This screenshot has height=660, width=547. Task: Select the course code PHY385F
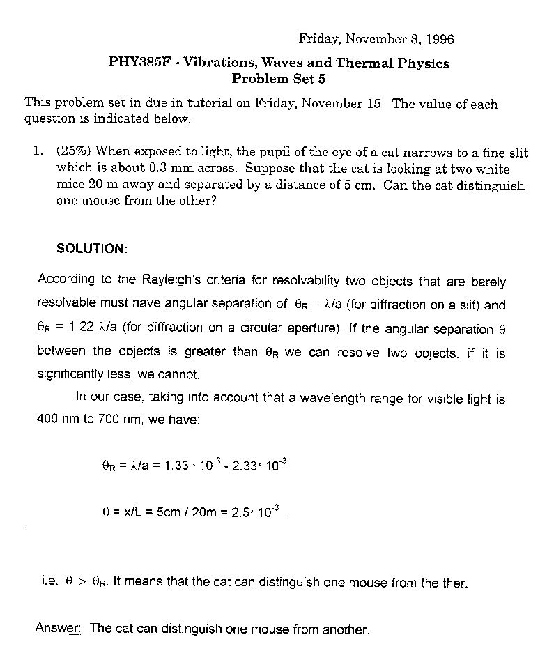(137, 63)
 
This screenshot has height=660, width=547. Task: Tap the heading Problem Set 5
(279, 79)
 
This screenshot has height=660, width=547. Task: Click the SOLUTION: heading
(91, 249)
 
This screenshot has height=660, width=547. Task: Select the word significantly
(70, 374)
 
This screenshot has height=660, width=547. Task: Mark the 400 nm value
(54, 421)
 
